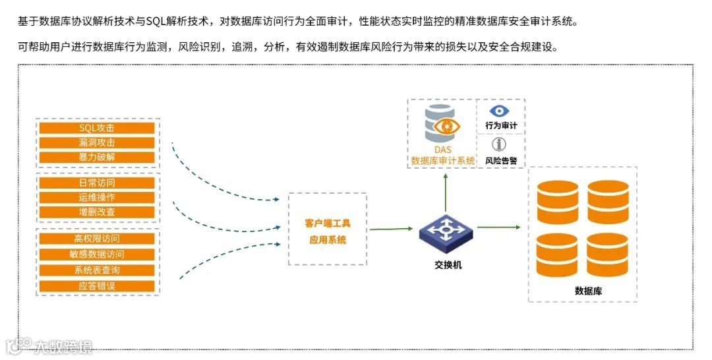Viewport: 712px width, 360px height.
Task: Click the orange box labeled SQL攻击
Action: [97, 128]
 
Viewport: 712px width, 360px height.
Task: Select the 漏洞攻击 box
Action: [97, 142]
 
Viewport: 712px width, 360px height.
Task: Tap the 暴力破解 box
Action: [97, 158]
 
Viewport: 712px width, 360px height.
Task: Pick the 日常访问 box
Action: [97, 183]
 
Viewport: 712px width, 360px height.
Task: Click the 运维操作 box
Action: [97, 197]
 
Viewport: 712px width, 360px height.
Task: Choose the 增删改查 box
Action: [97, 212]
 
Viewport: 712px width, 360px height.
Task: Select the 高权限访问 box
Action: [97, 239]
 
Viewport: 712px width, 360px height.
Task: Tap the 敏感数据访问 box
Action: [97, 255]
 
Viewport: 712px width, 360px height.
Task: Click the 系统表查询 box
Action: [97, 270]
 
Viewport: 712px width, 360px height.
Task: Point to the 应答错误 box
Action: [97, 286]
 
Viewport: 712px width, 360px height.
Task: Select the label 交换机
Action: [448, 265]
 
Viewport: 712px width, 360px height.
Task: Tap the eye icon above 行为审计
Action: [500, 111]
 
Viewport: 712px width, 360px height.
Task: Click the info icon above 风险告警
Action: [500, 144]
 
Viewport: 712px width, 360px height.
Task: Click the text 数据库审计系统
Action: [442, 160]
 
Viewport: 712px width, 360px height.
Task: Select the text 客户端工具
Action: [328, 224]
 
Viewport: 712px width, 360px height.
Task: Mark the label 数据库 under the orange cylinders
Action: [588, 291]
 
